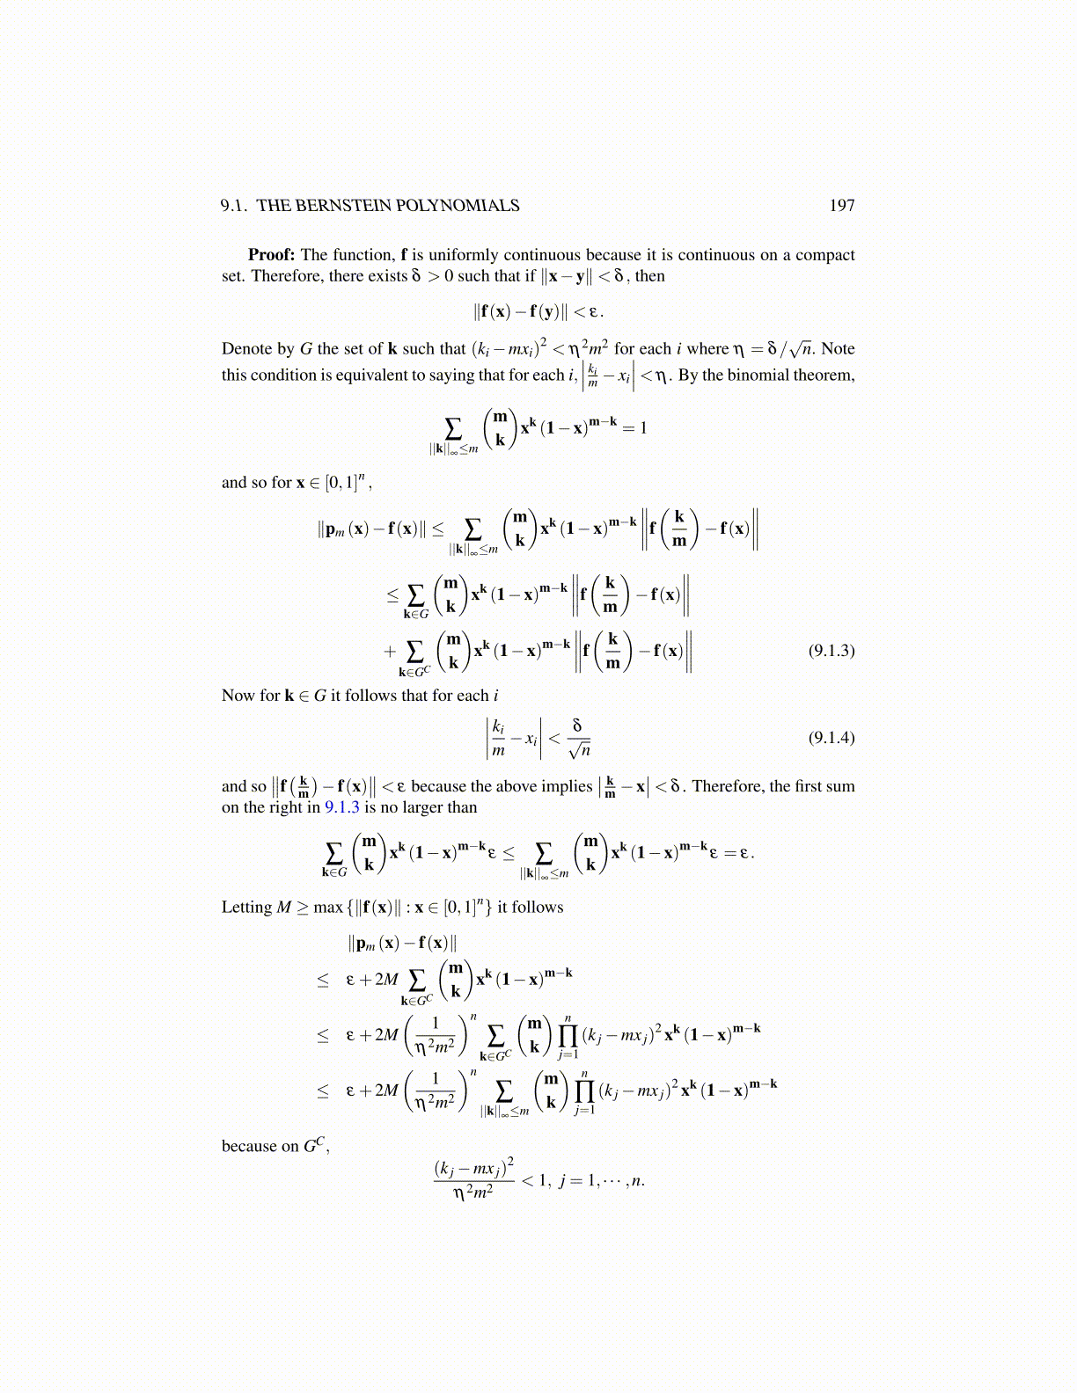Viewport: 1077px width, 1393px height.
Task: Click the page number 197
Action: click(x=841, y=206)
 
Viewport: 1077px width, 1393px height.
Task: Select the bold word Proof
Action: click(x=271, y=255)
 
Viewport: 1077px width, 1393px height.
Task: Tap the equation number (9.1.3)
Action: click(x=831, y=651)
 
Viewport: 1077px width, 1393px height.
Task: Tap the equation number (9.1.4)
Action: click(x=831, y=737)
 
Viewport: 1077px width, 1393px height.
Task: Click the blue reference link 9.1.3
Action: click(x=342, y=807)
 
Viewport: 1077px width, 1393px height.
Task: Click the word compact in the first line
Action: click(x=825, y=255)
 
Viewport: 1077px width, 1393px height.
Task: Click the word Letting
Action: click(x=246, y=908)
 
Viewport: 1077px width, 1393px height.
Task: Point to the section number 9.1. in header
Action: click(x=234, y=206)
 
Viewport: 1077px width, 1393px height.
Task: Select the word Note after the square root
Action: click(x=838, y=349)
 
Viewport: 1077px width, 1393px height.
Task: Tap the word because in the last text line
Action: click(x=247, y=1147)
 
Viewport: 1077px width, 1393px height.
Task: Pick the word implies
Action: click(x=566, y=786)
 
